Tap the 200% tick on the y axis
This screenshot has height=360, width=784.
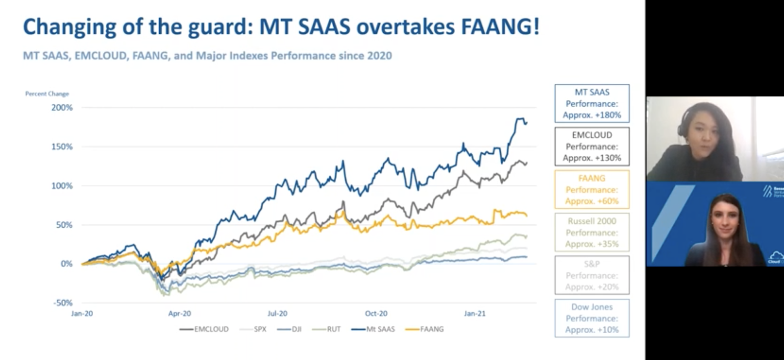62,107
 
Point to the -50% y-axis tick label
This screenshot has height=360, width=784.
63,303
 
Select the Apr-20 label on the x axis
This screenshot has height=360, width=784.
179,313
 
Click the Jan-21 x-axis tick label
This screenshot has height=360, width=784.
474,313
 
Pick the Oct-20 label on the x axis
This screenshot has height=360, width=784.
376,313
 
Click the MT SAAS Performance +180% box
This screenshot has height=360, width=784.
592,103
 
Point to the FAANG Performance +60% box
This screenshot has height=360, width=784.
592,190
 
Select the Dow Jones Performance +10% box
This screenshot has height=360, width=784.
592,318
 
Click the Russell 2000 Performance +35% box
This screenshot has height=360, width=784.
592,233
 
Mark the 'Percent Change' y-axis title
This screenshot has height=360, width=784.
47,94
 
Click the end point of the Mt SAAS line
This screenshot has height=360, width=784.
526,123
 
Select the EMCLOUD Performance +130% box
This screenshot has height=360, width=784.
592,146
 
